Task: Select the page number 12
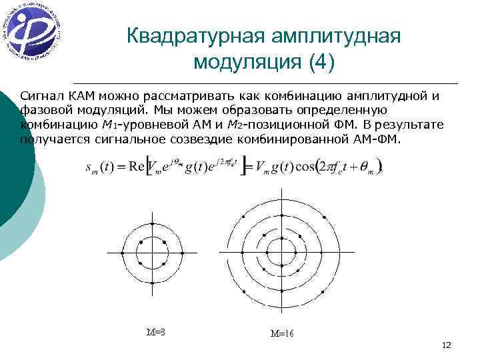point(446,345)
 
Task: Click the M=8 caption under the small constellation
point(155,331)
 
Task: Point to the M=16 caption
point(281,333)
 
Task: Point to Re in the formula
point(139,168)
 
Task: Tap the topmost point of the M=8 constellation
point(153,223)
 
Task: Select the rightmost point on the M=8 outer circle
point(183,253)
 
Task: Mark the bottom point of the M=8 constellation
point(153,283)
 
